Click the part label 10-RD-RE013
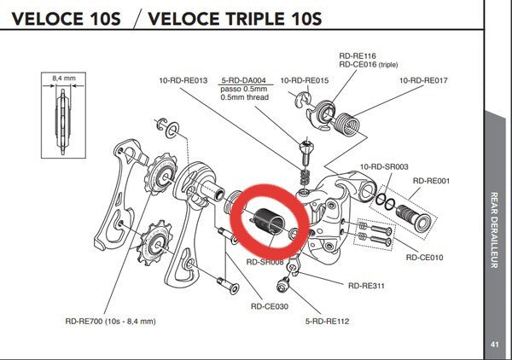(x=184, y=80)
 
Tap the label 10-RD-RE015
(x=305, y=80)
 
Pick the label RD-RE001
(x=433, y=181)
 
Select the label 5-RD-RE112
(x=329, y=322)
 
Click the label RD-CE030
(x=268, y=305)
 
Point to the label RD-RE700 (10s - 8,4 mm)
(x=111, y=322)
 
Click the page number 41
(x=495, y=344)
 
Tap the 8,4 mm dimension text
(x=64, y=78)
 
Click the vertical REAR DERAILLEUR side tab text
(x=495, y=230)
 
